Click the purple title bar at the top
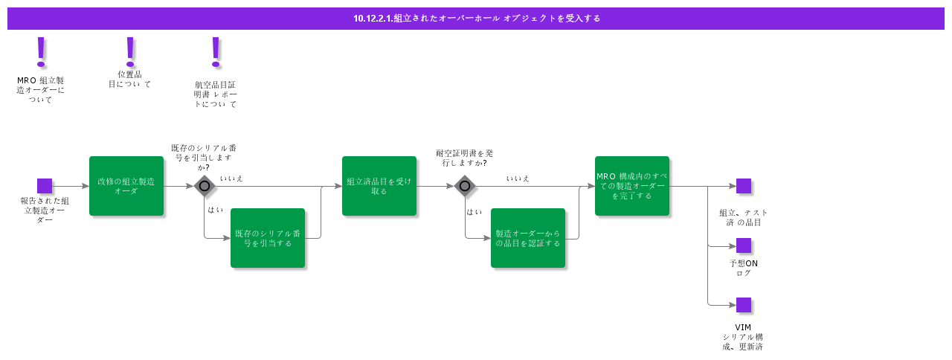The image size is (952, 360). click(476, 18)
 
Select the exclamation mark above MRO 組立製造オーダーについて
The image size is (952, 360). click(41, 51)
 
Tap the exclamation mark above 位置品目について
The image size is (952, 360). click(130, 51)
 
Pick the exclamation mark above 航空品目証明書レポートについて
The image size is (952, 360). click(216, 51)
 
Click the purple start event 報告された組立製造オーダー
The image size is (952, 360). click(45, 186)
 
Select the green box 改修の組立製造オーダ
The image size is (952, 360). click(126, 186)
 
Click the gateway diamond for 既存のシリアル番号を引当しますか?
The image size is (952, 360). click(205, 186)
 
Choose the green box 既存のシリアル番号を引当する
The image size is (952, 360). click(268, 238)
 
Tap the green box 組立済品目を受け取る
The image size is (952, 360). click(379, 186)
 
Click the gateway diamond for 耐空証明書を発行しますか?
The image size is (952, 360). click(465, 186)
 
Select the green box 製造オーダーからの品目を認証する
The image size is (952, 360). click(528, 238)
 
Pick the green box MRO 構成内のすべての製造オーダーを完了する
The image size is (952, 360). click(632, 186)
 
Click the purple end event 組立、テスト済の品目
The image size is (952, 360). click(744, 186)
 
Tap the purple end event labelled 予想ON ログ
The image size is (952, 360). click(744, 245)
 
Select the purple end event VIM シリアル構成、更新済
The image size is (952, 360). click(744, 305)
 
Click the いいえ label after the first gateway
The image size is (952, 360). click(231, 179)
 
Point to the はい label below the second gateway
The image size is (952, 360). click(474, 212)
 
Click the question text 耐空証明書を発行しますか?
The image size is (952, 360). click(464, 158)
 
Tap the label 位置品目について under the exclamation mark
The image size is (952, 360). click(129, 79)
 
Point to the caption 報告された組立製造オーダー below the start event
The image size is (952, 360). click(45, 210)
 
